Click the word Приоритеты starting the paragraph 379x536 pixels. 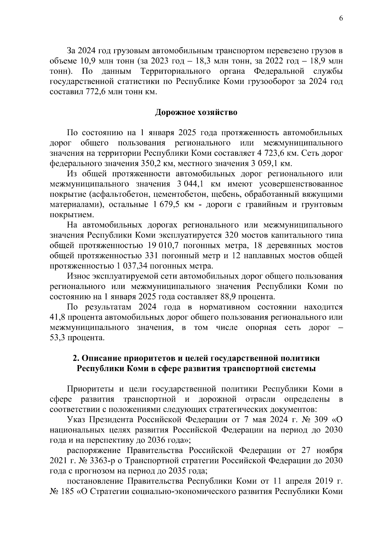point(90,389)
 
